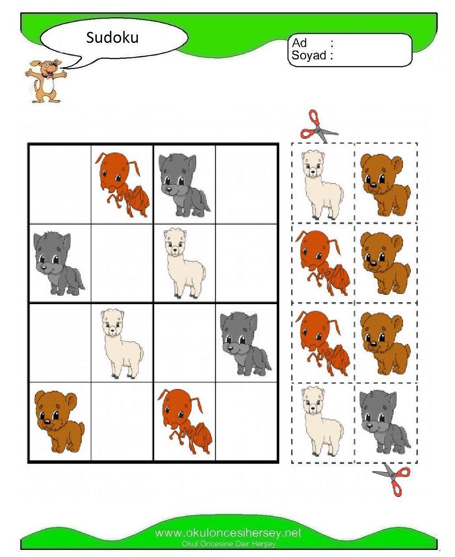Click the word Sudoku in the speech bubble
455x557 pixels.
click(x=112, y=38)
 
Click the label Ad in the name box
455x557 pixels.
click(x=299, y=43)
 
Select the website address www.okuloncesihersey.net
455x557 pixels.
click(x=228, y=533)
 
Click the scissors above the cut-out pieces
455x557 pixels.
click(x=318, y=127)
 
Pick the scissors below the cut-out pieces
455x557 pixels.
click(x=393, y=479)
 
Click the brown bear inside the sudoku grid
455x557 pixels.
click(x=59, y=422)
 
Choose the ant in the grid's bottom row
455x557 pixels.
click(x=185, y=422)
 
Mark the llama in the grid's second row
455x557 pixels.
click(x=184, y=263)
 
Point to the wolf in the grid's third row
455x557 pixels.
click(x=245, y=343)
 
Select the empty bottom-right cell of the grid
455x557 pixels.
click(x=246, y=422)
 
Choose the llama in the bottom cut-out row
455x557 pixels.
click(x=322, y=422)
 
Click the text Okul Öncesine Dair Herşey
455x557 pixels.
click(x=228, y=544)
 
